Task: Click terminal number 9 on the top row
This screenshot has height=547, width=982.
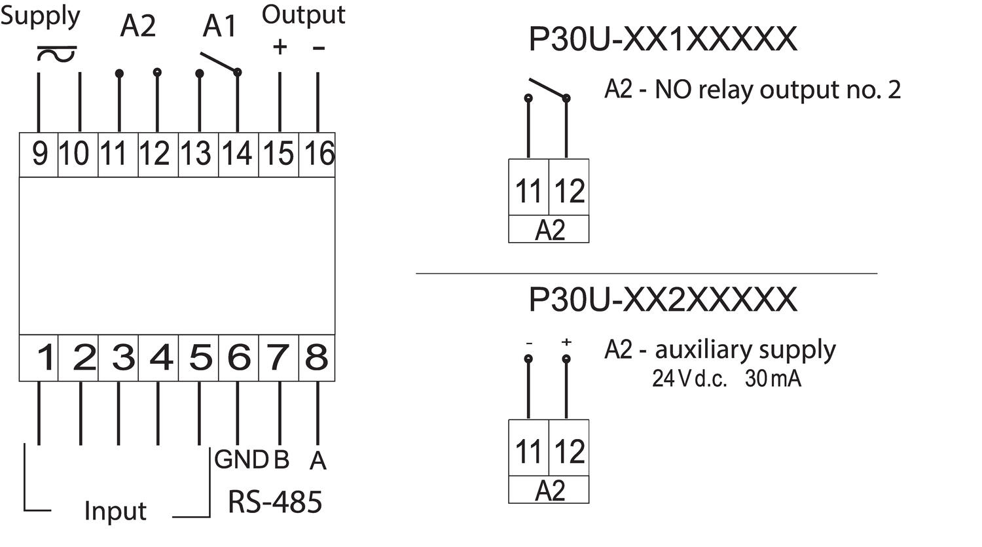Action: point(39,154)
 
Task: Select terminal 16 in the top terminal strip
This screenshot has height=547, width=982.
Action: point(318,154)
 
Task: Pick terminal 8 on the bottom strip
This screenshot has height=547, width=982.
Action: point(317,358)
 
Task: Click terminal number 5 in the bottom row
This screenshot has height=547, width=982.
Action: point(200,358)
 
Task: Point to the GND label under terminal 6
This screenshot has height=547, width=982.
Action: point(241,460)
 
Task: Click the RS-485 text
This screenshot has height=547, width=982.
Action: point(275,502)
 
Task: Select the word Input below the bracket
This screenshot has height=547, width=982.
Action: point(115,511)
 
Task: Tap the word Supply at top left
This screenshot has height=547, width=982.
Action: point(41,16)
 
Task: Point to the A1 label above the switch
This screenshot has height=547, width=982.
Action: point(219,27)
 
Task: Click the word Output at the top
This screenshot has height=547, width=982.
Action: point(303,14)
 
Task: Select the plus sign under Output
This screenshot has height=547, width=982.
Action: point(280,47)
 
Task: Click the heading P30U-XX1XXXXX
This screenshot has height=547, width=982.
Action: point(663,39)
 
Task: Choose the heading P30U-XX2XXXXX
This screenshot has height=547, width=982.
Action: point(663,300)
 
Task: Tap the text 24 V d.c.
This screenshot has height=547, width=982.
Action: point(689,379)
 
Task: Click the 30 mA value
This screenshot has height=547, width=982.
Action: point(773,379)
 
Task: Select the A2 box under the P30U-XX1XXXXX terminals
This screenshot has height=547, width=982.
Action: point(549,231)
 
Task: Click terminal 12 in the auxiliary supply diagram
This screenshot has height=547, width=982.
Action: point(569,451)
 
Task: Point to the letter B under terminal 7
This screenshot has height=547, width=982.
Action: point(281,460)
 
